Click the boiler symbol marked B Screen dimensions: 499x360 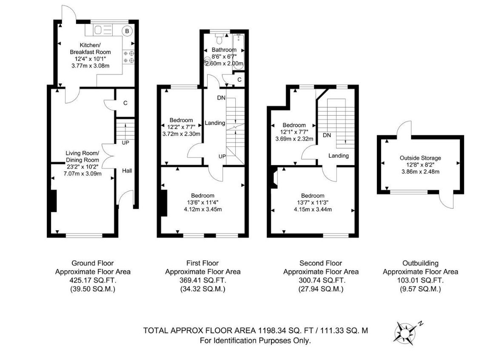point(127,31)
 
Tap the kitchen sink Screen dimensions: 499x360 point(103,30)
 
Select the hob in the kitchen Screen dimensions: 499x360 point(128,57)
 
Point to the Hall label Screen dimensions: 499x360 point(127,171)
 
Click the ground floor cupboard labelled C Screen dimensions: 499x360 point(125,103)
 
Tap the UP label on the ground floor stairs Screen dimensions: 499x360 point(125,143)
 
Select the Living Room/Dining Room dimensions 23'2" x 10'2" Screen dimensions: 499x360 point(83,167)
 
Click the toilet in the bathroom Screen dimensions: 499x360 point(219,39)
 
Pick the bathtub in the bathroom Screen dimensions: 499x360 point(238,49)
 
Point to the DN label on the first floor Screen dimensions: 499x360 point(221,98)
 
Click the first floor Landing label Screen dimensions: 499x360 point(215,123)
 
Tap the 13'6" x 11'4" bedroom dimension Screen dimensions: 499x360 point(203,203)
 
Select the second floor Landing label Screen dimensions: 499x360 point(339,156)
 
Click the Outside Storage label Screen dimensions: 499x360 point(420,158)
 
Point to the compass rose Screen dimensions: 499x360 point(405,333)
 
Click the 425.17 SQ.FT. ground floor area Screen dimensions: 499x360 point(93,280)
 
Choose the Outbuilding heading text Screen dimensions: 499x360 point(420,263)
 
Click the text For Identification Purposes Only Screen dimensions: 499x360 point(255,340)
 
